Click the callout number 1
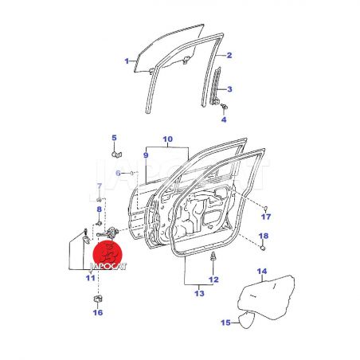[127, 61]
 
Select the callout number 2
[229, 55]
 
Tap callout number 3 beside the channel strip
[229, 89]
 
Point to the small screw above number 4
[224, 107]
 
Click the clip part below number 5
[115, 154]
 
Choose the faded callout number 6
[119, 174]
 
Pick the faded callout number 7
[100, 186]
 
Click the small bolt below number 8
[99, 223]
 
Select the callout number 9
[146, 155]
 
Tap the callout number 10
[167, 139]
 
